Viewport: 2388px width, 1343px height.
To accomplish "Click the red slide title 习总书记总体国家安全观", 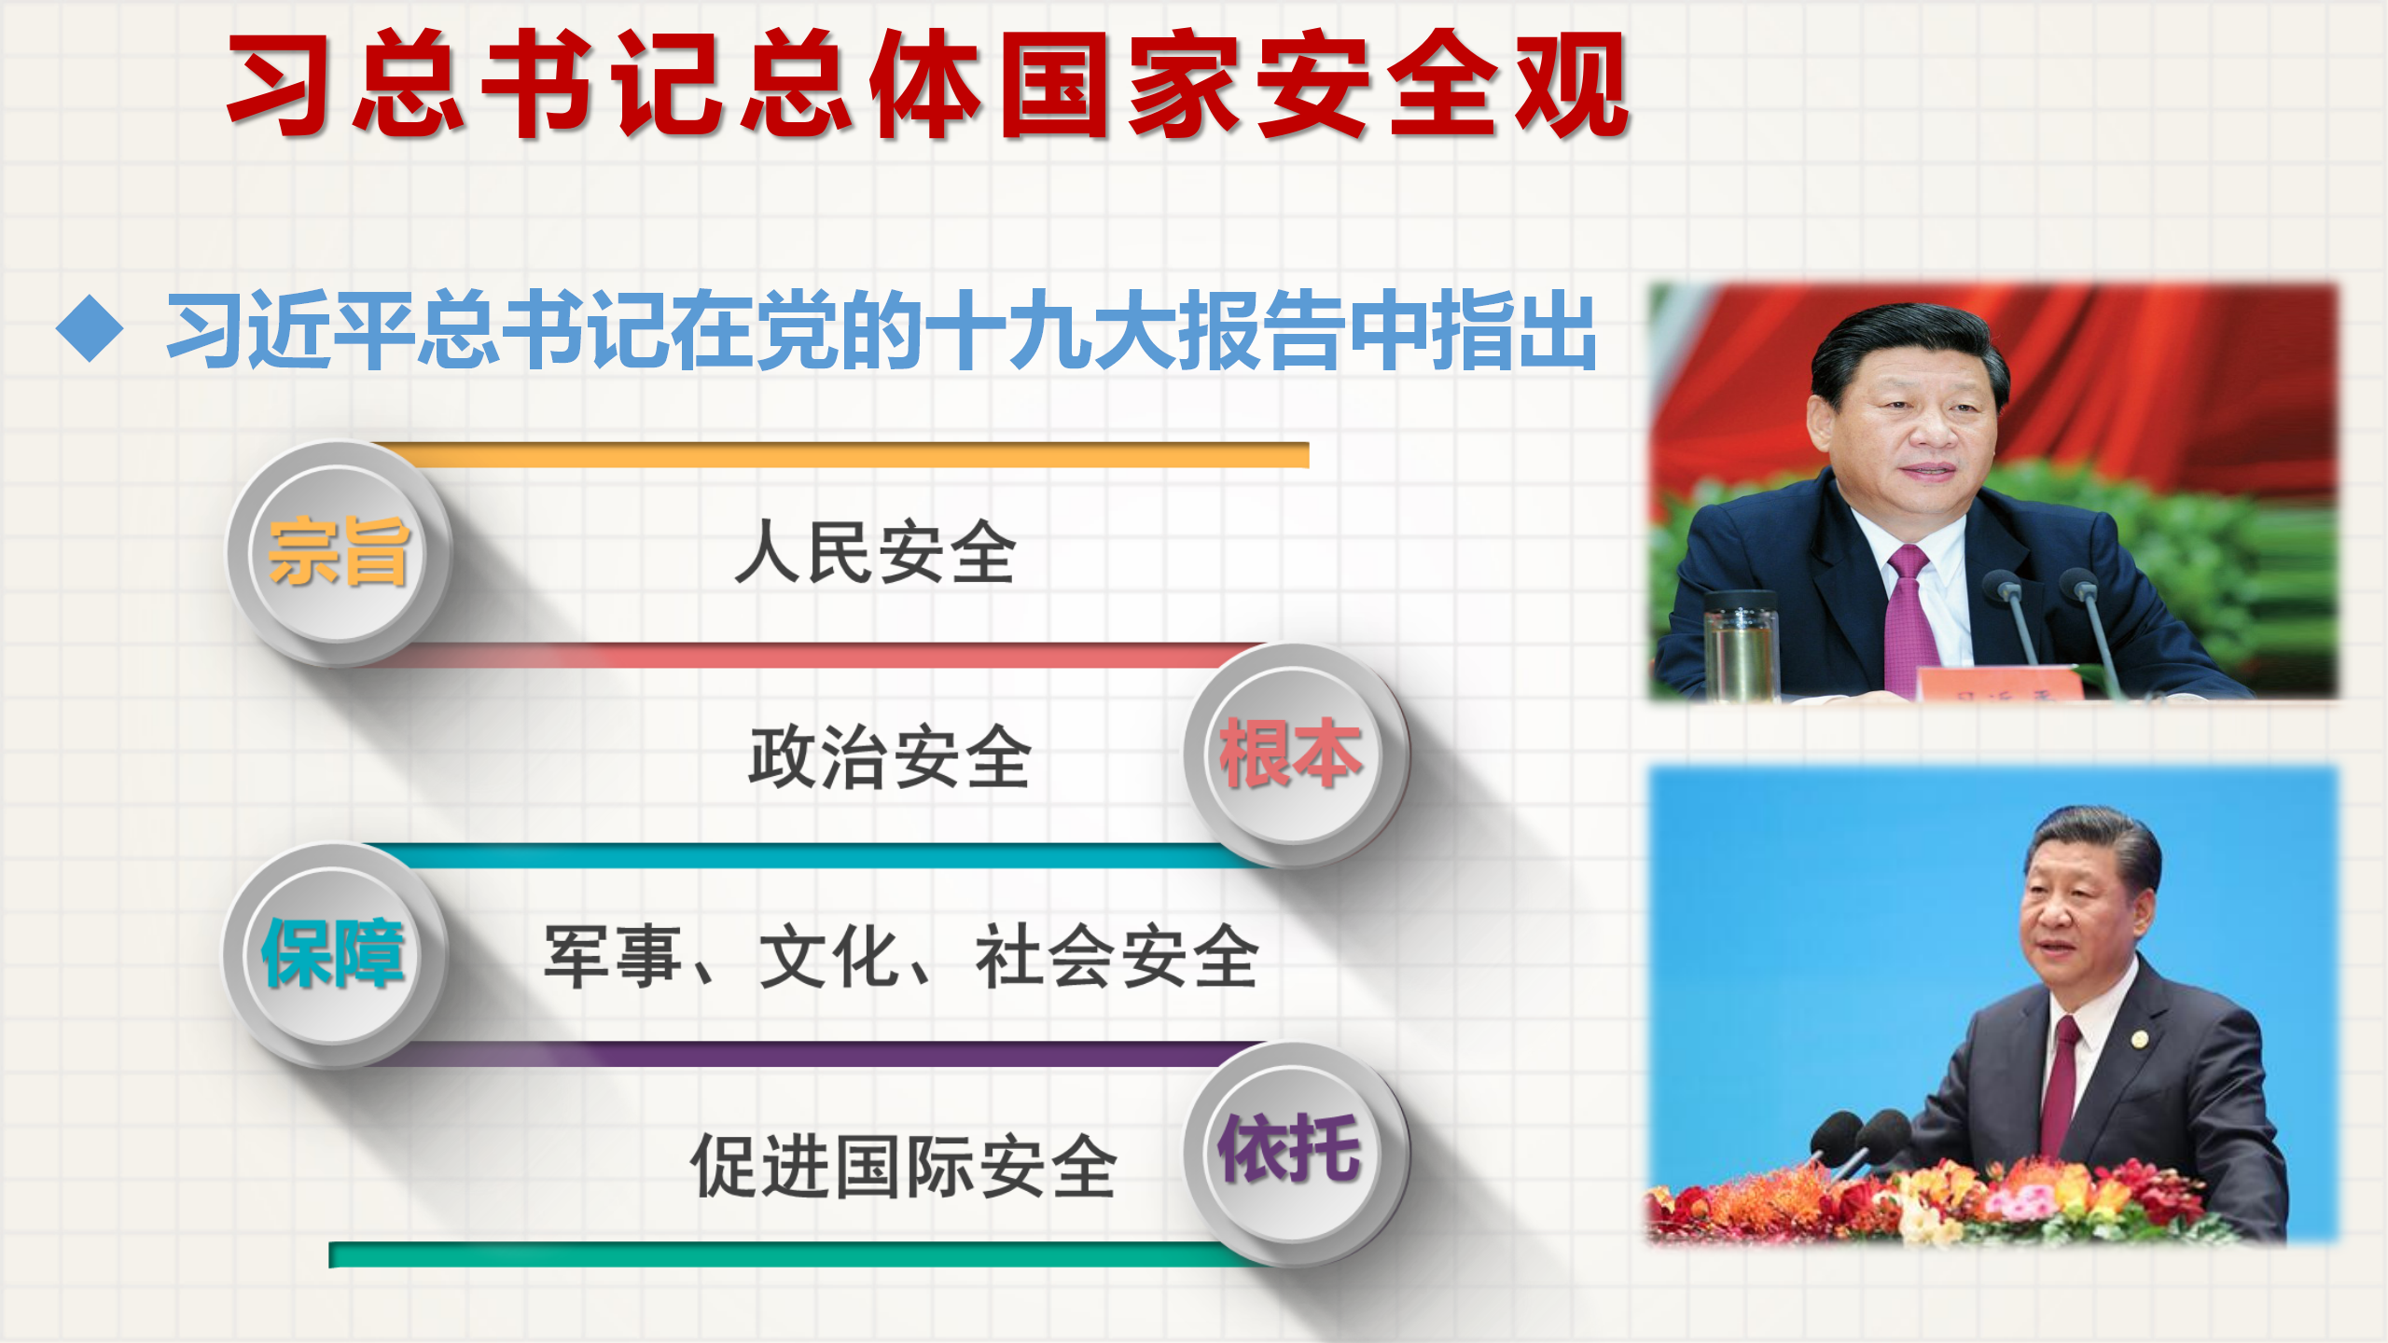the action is point(928,84).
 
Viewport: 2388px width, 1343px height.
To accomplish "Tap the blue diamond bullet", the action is point(90,328).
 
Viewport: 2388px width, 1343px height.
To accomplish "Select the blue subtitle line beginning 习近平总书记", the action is point(882,329).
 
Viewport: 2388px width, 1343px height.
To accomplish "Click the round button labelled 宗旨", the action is point(340,553).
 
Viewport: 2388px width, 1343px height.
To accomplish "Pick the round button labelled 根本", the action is point(1296,755).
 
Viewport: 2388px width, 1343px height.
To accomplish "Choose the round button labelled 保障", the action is point(334,954).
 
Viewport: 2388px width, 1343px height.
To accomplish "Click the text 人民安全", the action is point(875,552).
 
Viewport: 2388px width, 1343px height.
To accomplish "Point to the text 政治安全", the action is point(890,756).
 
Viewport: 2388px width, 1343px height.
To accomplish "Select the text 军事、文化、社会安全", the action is point(901,956).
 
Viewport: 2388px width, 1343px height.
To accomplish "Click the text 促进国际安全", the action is point(903,1166).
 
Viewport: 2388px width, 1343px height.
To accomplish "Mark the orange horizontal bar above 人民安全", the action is point(840,455).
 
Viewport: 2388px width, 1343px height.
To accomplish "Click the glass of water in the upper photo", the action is point(1741,644).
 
